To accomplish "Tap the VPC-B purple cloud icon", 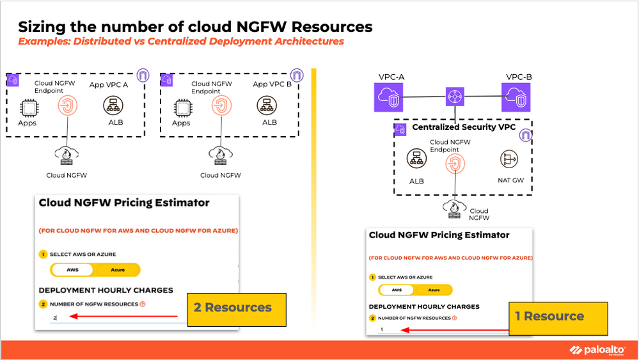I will tap(517, 97).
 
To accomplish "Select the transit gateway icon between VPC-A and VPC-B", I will tap(454, 97).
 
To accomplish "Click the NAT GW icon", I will tap(510, 159).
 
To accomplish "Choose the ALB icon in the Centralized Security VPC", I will tap(416, 159).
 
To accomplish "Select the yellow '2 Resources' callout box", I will tap(236, 308).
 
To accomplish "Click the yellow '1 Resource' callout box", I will tap(557, 317).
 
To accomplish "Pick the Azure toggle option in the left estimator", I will tap(118, 270).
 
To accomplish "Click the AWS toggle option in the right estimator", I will tap(397, 290).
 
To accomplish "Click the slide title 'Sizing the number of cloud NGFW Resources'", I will tap(195, 27).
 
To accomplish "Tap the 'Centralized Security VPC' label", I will tap(464, 127).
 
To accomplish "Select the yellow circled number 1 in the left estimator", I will tap(43, 254).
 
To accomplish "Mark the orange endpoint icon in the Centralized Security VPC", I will tap(455, 164).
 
